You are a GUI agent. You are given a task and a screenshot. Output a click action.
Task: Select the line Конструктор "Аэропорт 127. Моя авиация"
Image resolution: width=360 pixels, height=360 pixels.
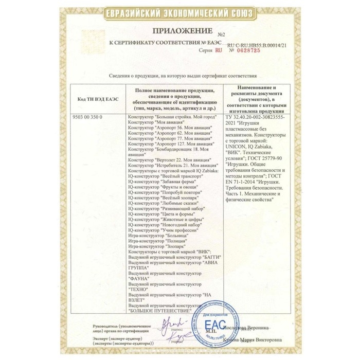169,145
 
